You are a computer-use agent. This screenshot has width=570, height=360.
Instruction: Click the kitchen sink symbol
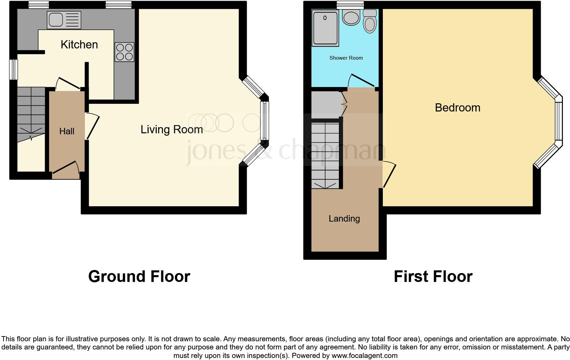pyautogui.click(x=64, y=20)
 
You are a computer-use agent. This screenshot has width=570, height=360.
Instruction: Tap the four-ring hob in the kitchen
pyautogui.click(x=124, y=52)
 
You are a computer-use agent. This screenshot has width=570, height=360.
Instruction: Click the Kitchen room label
pyautogui.click(x=79, y=45)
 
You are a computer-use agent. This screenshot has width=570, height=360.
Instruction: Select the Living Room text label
pyautogui.click(x=171, y=130)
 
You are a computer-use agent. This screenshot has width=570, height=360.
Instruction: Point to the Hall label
pyautogui.click(x=67, y=131)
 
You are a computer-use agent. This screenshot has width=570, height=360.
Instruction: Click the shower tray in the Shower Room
pyautogui.click(x=326, y=28)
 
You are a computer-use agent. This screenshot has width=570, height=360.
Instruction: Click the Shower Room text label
pyautogui.click(x=346, y=58)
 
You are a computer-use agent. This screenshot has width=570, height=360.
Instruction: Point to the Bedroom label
pyautogui.click(x=457, y=108)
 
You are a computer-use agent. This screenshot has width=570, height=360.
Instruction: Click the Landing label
pyautogui.click(x=344, y=219)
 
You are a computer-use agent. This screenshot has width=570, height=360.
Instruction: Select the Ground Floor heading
pyautogui.click(x=139, y=276)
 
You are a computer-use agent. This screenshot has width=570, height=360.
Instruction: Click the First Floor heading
pyautogui.click(x=433, y=276)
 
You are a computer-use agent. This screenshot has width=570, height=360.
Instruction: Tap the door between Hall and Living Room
pyautogui.click(x=92, y=126)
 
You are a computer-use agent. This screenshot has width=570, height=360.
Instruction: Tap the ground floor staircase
pyautogui.click(x=31, y=112)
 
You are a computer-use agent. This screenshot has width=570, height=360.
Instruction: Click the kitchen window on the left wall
pyautogui.click(x=13, y=70)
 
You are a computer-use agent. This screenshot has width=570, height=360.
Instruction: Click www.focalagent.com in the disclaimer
pyautogui.click(x=364, y=356)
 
